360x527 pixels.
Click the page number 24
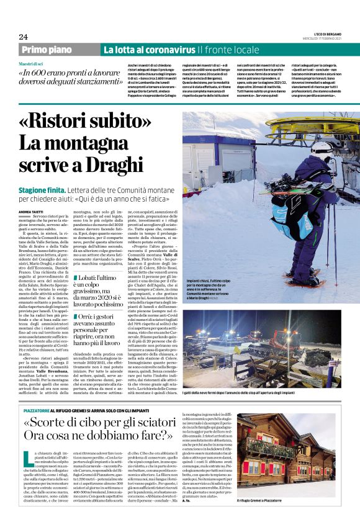pyautogui.click(x=23, y=37)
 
